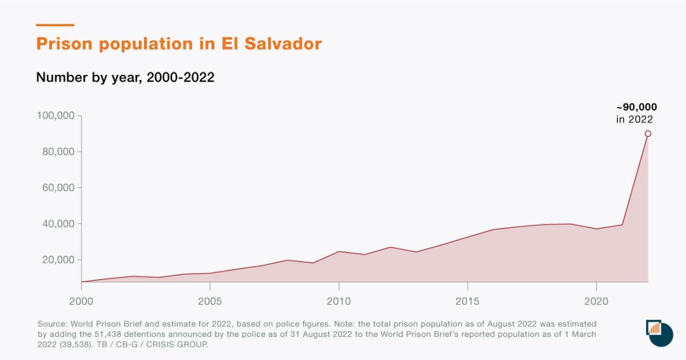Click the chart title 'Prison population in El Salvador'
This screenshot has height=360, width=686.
pyautogui.click(x=178, y=44)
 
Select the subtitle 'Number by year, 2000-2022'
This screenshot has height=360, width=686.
pyautogui.click(x=125, y=77)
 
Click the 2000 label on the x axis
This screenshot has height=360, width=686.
pyautogui.click(x=81, y=300)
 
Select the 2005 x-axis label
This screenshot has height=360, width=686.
pyautogui.click(x=210, y=300)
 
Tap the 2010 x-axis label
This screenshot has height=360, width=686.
pyautogui.click(x=339, y=300)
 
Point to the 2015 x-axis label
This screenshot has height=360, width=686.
pyautogui.click(x=467, y=300)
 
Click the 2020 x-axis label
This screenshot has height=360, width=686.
pyautogui.click(x=596, y=300)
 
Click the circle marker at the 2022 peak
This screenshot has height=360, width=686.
pyautogui.click(x=648, y=133)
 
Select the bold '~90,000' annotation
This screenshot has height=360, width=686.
pyautogui.click(x=636, y=107)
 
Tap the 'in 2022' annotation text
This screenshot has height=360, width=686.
pyautogui.click(x=635, y=119)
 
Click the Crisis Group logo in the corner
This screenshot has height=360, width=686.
pyautogui.click(x=659, y=333)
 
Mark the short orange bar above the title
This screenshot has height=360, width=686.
pyautogui.click(x=55, y=25)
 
